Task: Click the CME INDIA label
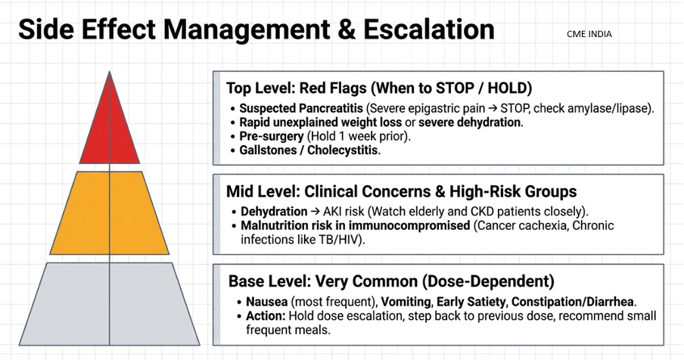[x=589, y=34]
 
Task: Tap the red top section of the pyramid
[x=110, y=129]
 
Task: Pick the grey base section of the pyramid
[x=110, y=303]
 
